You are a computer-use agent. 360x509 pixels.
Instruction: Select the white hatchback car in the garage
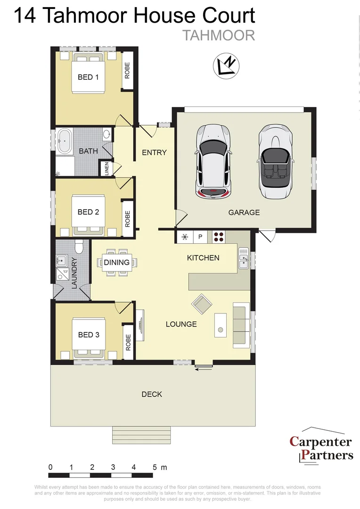(213, 160)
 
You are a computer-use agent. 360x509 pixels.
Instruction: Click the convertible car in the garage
(275, 161)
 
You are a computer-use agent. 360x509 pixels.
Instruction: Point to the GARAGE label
(244, 213)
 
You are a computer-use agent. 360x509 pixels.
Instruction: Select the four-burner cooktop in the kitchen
(219, 237)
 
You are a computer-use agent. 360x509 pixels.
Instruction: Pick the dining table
(116, 263)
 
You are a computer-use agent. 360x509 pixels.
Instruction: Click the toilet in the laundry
(79, 246)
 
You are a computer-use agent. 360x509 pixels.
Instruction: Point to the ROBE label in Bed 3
(128, 342)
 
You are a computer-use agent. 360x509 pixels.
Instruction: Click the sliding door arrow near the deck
(204, 369)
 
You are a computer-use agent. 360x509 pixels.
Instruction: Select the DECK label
(152, 394)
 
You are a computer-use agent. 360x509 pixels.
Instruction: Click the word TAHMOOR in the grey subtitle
(218, 35)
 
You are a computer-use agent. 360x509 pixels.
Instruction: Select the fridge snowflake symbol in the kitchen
(185, 237)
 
